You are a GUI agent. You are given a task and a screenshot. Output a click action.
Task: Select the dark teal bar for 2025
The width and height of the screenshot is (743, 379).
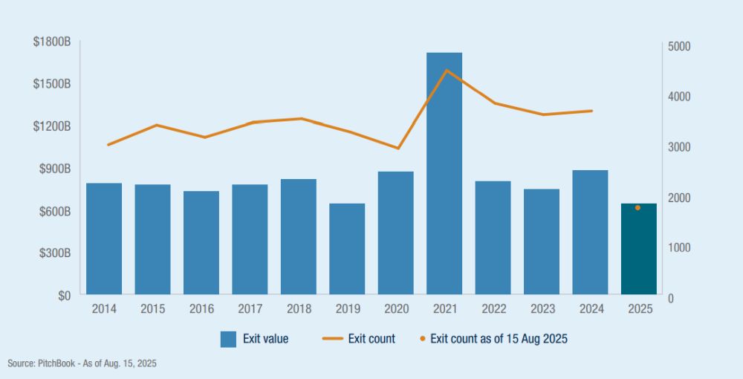638,249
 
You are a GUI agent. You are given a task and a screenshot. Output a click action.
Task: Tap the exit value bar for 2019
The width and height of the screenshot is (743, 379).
347,249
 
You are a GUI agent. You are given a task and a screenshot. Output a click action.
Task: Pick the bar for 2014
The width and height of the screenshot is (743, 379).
104,238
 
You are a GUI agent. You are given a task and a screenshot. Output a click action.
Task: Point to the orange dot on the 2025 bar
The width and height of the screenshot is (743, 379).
637,208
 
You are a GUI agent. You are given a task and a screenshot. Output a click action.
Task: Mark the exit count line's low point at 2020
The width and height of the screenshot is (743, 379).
398,149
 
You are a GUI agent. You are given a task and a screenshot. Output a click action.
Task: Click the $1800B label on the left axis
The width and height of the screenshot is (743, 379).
51,42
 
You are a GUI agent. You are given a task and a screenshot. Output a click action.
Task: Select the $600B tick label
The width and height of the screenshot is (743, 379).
54,211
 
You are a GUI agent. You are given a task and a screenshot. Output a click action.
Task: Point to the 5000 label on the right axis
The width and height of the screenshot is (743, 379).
679,46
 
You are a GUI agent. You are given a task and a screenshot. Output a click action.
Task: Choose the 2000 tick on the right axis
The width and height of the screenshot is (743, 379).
679,198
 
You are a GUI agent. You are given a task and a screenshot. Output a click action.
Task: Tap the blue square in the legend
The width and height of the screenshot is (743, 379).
228,339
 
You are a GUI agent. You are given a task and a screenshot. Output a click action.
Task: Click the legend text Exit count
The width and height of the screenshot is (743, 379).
371,339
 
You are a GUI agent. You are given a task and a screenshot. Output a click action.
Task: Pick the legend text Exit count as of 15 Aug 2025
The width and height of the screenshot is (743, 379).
499,339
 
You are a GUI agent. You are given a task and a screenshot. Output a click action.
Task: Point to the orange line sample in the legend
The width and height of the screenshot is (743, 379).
331,339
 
